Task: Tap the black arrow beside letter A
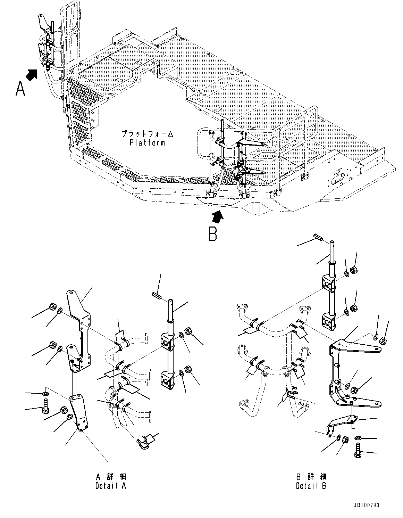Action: tap(32, 74)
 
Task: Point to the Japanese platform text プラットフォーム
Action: tap(147, 134)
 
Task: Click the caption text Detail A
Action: tap(111, 486)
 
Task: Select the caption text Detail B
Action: tap(311, 486)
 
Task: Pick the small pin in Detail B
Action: tap(318, 238)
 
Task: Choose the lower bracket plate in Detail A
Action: tap(78, 413)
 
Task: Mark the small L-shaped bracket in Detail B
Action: tap(338, 426)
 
